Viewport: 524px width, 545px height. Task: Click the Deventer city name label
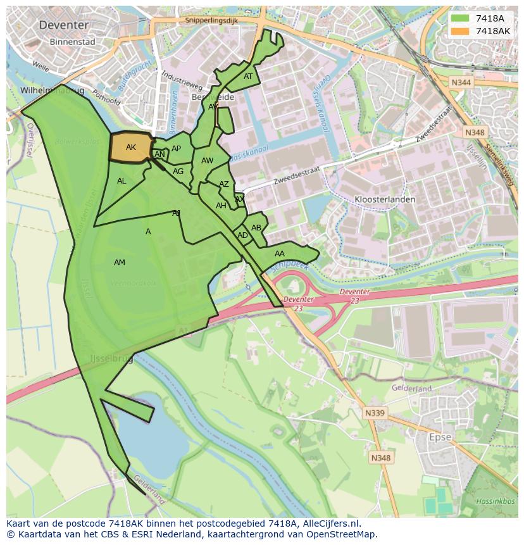63,25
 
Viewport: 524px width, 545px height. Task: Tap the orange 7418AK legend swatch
460,31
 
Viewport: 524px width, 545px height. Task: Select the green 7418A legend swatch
460,18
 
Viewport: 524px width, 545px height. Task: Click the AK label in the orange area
131,147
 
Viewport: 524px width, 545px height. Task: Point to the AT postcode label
248,77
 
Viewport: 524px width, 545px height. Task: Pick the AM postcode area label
120,263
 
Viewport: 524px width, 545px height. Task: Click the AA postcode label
280,254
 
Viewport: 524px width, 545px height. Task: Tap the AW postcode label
207,161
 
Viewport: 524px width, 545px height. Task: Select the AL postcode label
122,181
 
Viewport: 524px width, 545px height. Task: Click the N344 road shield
461,83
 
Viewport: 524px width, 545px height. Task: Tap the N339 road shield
375,413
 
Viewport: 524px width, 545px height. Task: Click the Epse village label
440,437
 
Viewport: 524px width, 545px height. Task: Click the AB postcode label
256,228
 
